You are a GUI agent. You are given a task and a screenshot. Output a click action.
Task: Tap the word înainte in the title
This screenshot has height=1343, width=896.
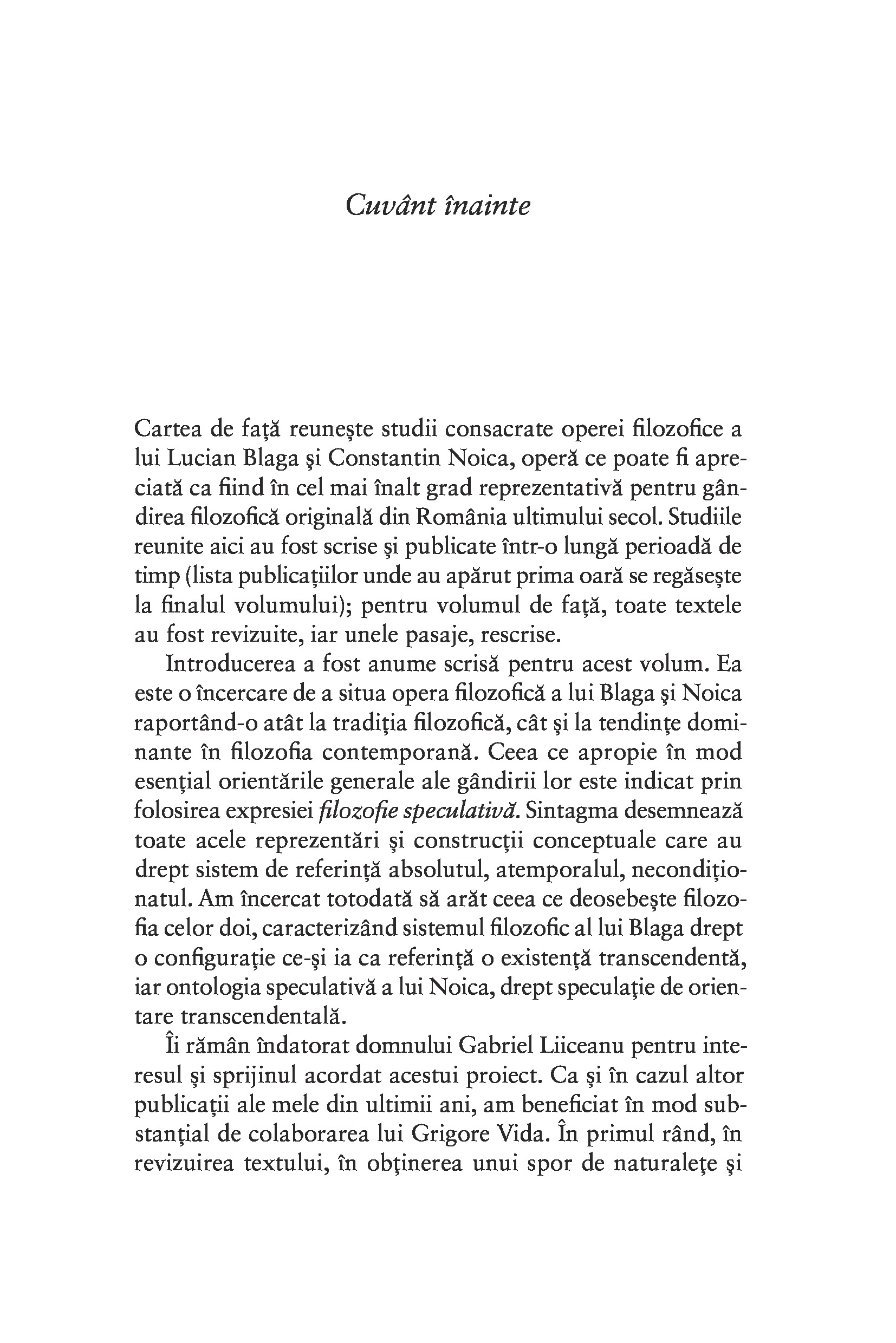487,205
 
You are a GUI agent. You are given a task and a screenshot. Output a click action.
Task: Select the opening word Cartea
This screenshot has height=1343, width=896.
166,428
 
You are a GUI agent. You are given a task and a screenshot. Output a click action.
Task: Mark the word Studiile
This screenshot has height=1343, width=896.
704,517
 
